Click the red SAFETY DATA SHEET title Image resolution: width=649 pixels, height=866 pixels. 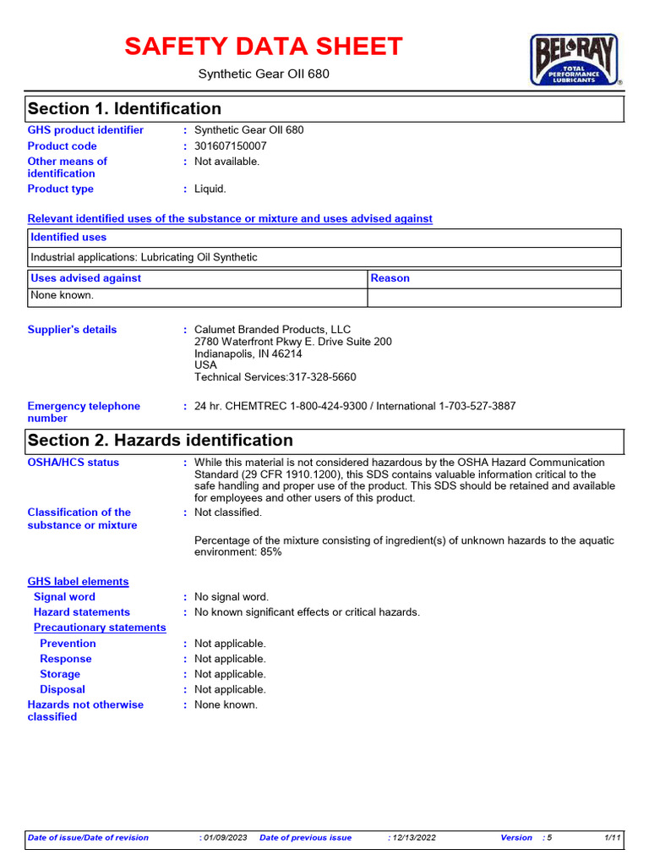(x=264, y=47)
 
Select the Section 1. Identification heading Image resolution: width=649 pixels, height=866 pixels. (x=124, y=109)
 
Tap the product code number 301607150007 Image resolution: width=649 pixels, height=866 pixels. (x=231, y=145)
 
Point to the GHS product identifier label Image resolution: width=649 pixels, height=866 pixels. (x=85, y=130)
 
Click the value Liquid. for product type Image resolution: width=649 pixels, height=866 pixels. (x=210, y=189)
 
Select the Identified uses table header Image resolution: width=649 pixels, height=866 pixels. (x=68, y=238)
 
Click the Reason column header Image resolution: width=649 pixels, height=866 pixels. (x=390, y=278)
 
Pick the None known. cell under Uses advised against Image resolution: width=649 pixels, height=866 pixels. (x=62, y=296)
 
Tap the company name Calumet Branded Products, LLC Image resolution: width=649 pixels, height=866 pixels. (x=272, y=330)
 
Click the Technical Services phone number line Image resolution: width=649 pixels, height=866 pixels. (x=275, y=377)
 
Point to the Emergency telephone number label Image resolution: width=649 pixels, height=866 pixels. (x=84, y=412)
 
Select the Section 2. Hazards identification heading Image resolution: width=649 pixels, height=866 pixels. (x=160, y=441)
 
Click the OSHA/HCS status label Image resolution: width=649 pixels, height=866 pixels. (x=74, y=463)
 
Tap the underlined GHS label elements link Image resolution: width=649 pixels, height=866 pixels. (x=78, y=582)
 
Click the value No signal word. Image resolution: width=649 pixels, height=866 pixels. (x=232, y=597)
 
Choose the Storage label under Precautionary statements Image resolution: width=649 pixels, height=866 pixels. (x=60, y=674)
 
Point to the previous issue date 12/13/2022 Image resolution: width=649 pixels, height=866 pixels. (x=414, y=837)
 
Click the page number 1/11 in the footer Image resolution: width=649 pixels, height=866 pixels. (x=613, y=837)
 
